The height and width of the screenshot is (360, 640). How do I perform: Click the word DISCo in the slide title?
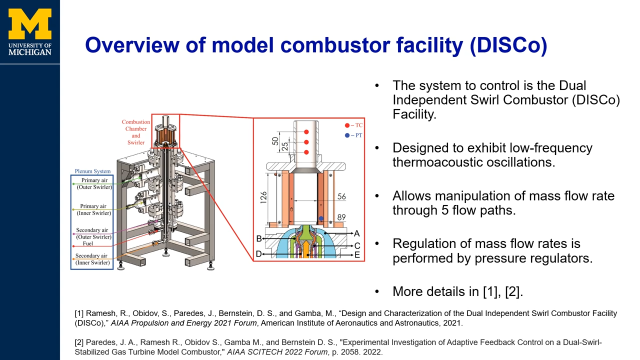point(508,45)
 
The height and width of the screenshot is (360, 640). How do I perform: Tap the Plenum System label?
point(92,171)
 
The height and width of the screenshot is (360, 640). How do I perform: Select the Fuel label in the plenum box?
point(88,243)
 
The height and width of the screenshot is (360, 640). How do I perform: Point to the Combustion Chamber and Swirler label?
point(135,132)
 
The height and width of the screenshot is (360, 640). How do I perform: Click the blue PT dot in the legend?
point(347,135)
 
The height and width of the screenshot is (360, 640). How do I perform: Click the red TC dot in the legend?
point(347,125)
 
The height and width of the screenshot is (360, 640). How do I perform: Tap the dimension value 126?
point(263,197)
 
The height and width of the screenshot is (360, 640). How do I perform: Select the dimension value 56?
point(341,196)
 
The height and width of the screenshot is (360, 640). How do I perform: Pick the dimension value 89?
point(341,217)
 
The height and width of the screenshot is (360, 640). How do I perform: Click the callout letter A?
point(356,233)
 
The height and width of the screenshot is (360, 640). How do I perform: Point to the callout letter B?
point(259,238)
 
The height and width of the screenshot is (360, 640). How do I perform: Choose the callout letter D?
point(259,254)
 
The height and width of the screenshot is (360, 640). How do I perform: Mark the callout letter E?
point(357,255)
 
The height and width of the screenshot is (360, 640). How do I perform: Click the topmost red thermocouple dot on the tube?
point(306,132)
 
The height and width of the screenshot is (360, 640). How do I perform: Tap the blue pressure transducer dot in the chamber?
point(321,218)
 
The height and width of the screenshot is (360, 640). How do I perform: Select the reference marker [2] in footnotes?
point(79,342)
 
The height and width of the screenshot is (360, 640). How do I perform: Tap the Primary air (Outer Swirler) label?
point(94,183)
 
